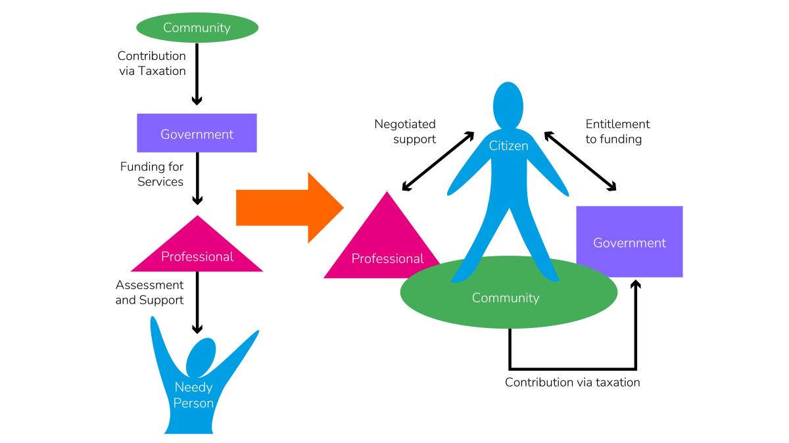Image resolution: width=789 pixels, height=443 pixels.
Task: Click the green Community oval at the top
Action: [197, 28]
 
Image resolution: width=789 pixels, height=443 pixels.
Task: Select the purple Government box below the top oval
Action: [197, 133]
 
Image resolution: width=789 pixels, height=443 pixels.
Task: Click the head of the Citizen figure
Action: [508, 105]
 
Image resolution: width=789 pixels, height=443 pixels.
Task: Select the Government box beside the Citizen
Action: [629, 242]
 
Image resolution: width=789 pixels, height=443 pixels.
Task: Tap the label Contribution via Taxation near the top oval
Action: [151, 64]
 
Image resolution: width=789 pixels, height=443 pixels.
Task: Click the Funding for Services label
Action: [152, 174]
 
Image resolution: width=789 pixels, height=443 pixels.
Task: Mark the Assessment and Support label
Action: [149, 292]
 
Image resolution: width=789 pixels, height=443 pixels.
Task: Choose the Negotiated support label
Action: [405, 131]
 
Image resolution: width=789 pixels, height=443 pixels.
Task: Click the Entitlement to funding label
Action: [617, 131]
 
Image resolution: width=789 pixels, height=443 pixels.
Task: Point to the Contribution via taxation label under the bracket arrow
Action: [572, 382]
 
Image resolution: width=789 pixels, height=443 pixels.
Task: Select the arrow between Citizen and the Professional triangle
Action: [438, 162]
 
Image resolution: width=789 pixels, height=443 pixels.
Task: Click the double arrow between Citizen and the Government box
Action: [580, 162]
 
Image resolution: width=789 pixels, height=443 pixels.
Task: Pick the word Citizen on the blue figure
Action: [508, 146]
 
